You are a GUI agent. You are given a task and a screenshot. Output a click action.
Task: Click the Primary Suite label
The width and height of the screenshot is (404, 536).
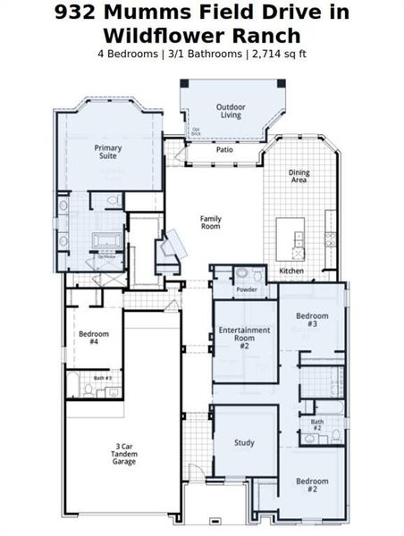point(108,149)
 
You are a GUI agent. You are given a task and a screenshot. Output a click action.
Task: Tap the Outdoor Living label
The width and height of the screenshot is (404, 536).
point(230,111)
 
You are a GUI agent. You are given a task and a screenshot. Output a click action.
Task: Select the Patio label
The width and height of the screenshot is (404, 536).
point(224,150)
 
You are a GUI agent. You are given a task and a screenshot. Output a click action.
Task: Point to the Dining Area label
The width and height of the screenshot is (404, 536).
point(299,175)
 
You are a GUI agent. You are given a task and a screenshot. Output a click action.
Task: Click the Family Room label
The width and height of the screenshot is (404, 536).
point(210,222)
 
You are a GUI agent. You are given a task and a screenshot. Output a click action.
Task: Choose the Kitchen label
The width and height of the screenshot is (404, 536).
point(291,271)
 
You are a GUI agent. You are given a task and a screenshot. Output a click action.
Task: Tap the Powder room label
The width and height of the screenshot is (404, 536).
point(247,290)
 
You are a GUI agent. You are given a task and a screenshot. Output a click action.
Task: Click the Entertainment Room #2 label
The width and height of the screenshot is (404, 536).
point(244,336)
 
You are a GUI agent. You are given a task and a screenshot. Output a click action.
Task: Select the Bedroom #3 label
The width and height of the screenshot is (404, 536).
point(312,320)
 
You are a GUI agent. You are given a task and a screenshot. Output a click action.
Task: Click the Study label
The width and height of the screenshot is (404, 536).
point(244,442)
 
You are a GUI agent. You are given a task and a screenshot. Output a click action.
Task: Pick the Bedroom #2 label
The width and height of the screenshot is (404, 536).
point(313,485)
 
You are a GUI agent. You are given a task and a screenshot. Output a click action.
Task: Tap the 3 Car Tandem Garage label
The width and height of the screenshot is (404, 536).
point(124,454)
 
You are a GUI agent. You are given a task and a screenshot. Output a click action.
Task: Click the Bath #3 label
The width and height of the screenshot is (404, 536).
point(102,378)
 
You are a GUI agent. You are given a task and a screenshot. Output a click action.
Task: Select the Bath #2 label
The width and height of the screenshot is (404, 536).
point(317,424)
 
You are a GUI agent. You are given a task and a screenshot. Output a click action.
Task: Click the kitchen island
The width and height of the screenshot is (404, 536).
point(288,234)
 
